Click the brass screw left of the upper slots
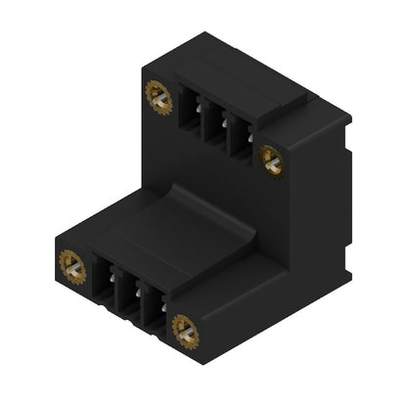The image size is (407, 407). click(x=158, y=95)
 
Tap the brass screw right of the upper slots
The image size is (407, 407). click(x=271, y=159)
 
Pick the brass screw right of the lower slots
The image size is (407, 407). click(x=184, y=331)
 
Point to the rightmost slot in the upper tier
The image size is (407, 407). click(x=238, y=137)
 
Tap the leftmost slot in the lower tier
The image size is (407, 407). click(x=105, y=280)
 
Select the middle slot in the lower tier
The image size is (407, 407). click(x=128, y=294)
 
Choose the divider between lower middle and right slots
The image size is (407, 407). click(x=141, y=301)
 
